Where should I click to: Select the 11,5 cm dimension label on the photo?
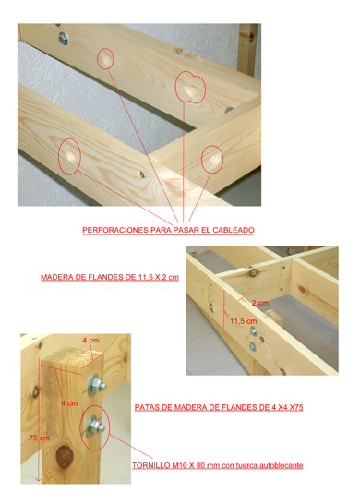(244, 321)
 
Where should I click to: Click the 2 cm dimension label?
(260, 303)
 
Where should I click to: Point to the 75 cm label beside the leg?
(39, 438)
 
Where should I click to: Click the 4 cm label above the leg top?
(90, 340)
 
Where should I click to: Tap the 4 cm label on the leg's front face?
(69, 402)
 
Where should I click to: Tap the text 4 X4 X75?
(287, 408)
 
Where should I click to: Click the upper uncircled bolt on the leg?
(97, 384)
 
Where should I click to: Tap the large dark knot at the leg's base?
(64, 456)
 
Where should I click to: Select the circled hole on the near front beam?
(70, 156)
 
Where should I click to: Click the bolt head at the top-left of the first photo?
(64, 38)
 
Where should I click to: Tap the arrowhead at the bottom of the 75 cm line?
(38, 479)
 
